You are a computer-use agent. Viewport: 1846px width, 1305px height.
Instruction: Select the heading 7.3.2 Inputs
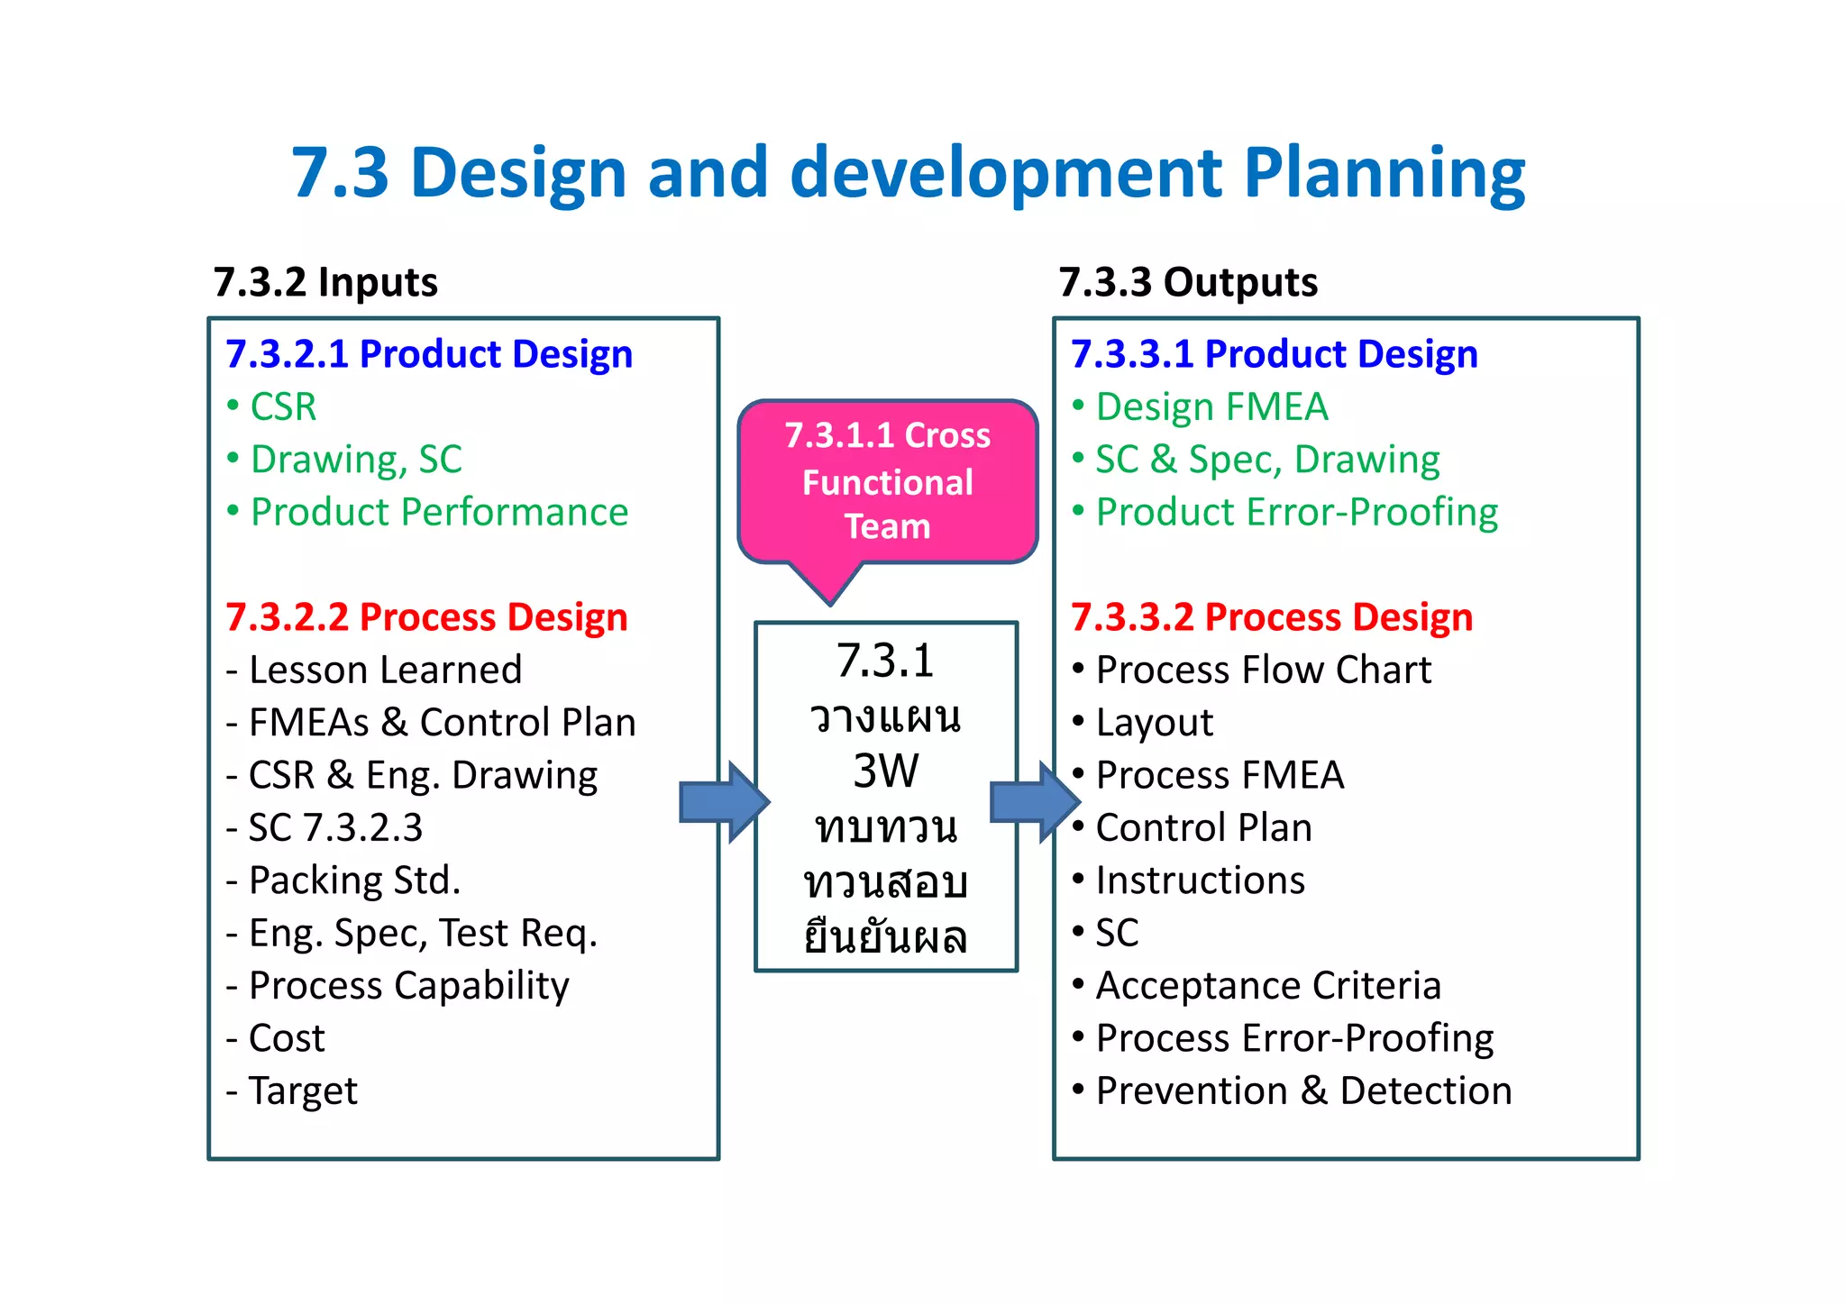(325, 282)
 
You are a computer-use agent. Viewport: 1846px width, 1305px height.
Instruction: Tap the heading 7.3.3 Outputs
(1187, 282)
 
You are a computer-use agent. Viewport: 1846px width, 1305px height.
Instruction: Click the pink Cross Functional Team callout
(887, 481)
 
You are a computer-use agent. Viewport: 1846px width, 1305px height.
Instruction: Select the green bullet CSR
(283, 407)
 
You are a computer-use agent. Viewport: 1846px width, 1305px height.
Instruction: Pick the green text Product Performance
(439, 512)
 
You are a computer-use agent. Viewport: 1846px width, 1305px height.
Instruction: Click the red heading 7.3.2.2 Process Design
(426, 617)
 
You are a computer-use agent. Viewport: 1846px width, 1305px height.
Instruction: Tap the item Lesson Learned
(385, 671)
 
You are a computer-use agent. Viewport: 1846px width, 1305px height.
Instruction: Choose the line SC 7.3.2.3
(335, 828)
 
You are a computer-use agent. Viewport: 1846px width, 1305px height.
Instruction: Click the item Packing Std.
(354, 881)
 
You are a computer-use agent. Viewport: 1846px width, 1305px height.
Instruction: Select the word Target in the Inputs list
(303, 1091)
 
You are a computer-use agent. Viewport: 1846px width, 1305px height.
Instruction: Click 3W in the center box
(885, 771)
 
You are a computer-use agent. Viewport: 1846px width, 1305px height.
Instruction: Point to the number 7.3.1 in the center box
(885, 661)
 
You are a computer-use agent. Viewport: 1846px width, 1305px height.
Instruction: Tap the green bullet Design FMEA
(1211, 407)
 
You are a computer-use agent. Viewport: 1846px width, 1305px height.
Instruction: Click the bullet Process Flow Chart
(1263, 671)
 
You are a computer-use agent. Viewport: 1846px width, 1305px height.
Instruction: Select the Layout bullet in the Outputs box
(1154, 723)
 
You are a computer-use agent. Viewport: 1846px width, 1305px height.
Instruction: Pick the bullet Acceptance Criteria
(1267, 986)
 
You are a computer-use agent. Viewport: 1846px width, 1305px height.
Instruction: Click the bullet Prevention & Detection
(1302, 1091)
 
